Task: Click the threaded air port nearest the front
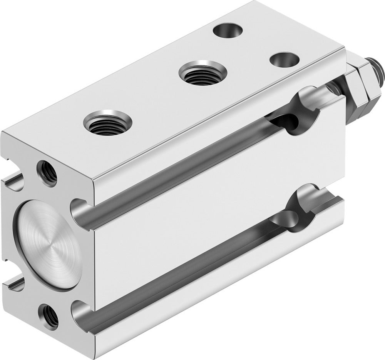click(107, 123)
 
